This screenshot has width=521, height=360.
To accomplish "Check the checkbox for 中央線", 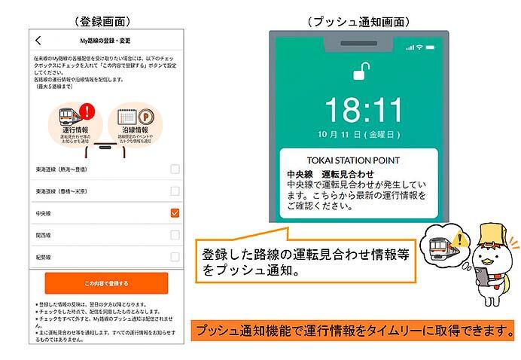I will [175, 213].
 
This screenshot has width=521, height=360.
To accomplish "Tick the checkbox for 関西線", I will [175, 235].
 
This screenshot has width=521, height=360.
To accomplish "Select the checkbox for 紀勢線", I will [175, 256].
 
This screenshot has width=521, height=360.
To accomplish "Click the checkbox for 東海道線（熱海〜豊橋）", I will [175, 169].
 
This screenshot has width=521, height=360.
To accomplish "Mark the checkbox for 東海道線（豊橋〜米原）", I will [175, 191].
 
